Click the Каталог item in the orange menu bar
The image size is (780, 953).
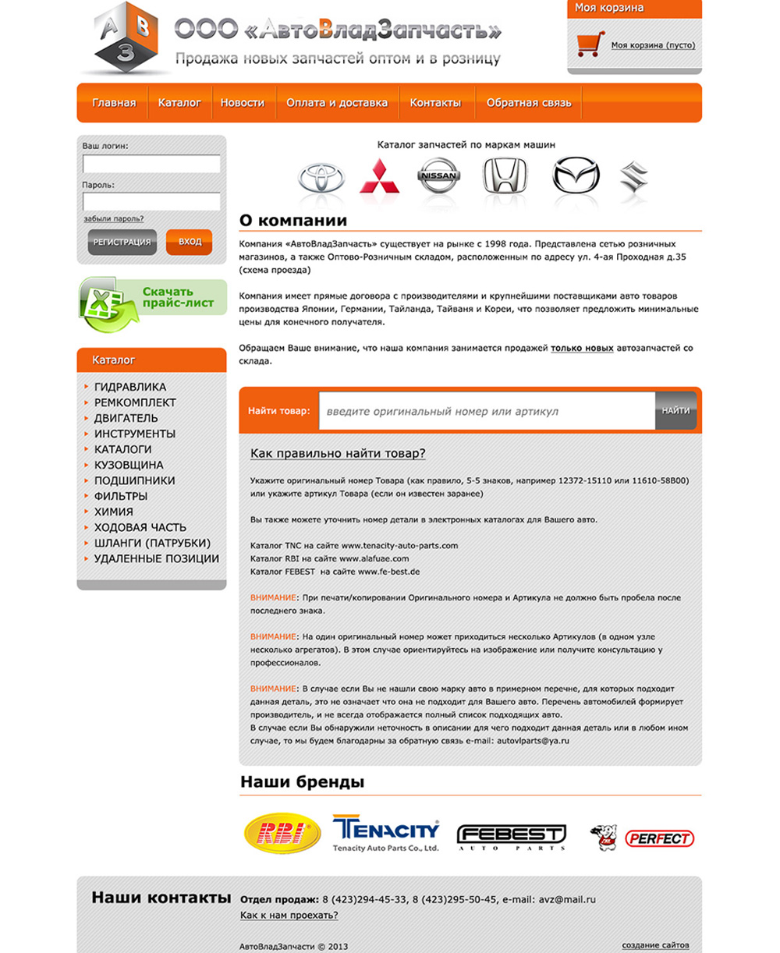(x=179, y=103)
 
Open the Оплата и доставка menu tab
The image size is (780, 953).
(x=336, y=103)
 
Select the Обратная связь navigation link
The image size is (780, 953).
(x=528, y=103)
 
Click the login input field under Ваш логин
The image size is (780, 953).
(x=151, y=164)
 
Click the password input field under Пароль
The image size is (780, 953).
(x=151, y=202)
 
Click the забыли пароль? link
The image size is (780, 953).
(x=113, y=219)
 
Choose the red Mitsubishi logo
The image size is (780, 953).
(x=379, y=177)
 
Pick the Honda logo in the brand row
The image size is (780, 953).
(x=505, y=175)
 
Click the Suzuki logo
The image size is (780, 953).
(x=633, y=177)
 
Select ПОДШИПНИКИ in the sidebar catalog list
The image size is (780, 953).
(x=134, y=480)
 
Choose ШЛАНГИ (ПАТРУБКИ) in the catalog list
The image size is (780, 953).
(x=152, y=543)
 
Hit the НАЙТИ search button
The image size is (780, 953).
(x=675, y=410)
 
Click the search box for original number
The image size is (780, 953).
(x=485, y=411)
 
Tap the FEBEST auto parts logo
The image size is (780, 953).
(x=511, y=837)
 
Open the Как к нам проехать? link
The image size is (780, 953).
(x=289, y=915)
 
